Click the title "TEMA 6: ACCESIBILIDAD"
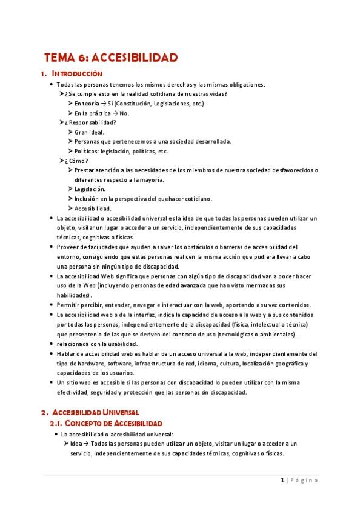pyautogui.click(x=111, y=58)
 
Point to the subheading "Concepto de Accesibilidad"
pyautogui.click(x=113, y=422)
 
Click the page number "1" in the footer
pyautogui.click(x=282, y=480)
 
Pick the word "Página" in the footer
pyautogui.click(x=304, y=480)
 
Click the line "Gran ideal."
pyautogui.click(x=89, y=132)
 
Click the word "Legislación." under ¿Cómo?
pyautogui.click(x=90, y=189)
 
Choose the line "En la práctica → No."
pyautogui.click(x=102, y=113)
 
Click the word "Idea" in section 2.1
pyautogui.click(x=76, y=444)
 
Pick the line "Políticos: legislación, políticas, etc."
pyautogui.click(x=121, y=151)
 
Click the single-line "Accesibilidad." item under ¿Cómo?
pyautogui.click(x=93, y=209)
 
